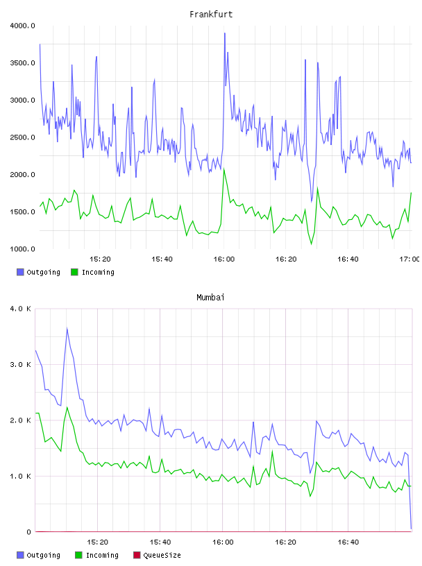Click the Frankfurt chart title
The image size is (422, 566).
(x=211, y=15)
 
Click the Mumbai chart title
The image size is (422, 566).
(x=210, y=298)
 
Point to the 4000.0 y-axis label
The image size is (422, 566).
(x=22, y=26)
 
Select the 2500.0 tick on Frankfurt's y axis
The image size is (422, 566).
(x=22, y=137)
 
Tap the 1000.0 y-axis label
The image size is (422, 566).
(x=22, y=249)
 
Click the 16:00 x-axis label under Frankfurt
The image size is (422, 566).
(x=224, y=259)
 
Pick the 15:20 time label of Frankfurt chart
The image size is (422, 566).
(x=100, y=259)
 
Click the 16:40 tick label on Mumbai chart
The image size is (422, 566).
(x=348, y=542)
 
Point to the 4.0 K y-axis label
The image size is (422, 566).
(x=21, y=309)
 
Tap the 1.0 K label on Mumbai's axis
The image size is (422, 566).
(x=21, y=476)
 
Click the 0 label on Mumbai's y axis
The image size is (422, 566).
(x=29, y=532)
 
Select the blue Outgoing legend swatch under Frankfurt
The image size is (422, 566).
(x=20, y=272)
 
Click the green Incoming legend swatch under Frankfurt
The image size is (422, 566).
(x=74, y=272)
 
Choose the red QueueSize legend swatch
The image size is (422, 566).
(x=137, y=555)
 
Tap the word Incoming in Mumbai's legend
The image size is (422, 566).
(x=102, y=555)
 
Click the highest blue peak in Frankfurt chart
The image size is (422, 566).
(x=225, y=33)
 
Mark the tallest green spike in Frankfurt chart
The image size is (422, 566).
(x=224, y=169)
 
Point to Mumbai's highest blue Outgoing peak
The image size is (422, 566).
(x=67, y=328)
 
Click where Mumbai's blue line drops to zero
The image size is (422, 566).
(x=411, y=529)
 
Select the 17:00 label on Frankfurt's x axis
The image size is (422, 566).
(x=410, y=259)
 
